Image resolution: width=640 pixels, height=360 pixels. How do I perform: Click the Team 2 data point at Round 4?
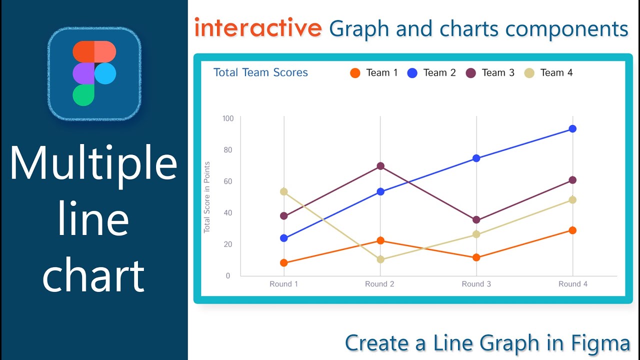(x=572, y=128)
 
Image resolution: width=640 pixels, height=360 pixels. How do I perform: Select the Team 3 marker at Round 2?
(x=380, y=166)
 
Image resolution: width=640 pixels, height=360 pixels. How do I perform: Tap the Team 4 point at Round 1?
(x=284, y=191)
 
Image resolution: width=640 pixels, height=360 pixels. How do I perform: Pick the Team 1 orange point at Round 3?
(x=476, y=257)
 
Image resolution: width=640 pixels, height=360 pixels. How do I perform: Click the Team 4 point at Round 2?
(x=380, y=259)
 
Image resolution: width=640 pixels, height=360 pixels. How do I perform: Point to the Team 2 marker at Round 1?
(x=284, y=238)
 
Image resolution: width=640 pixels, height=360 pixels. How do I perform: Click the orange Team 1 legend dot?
(x=355, y=73)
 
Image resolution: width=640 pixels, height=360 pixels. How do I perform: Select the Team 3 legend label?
(x=498, y=73)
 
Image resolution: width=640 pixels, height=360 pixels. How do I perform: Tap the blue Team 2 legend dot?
(x=412, y=73)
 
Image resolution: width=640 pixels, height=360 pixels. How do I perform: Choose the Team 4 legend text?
(x=556, y=73)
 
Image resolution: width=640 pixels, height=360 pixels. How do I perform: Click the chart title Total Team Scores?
(x=260, y=72)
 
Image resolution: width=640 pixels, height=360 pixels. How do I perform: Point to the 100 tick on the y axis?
(x=228, y=118)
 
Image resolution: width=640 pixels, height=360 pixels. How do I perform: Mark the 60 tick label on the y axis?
(x=228, y=181)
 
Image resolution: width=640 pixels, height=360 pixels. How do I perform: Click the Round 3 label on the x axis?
(x=476, y=284)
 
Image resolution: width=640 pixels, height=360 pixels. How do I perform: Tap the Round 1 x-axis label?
(x=283, y=284)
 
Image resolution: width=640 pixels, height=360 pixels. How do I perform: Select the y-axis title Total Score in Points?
(x=207, y=197)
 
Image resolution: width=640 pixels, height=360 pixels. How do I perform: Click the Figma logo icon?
(x=94, y=73)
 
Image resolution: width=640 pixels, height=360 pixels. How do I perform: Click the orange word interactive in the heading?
(x=258, y=28)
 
